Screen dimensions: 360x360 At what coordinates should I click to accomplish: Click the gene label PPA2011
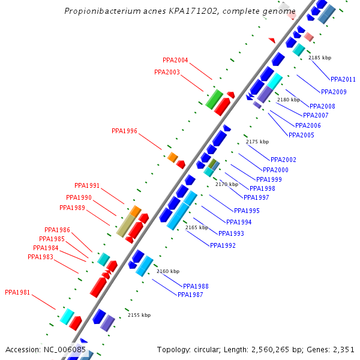[343, 79]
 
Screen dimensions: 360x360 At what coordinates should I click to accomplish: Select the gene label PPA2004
[175, 60]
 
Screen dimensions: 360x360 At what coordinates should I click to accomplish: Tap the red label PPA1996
[124, 131]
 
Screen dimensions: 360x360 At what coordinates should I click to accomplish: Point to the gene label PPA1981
[17, 293]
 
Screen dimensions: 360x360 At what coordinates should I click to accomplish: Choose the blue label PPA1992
[222, 245]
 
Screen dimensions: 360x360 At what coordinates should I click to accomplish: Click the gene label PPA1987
[190, 294]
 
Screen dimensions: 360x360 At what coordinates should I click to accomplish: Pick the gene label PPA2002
[283, 160]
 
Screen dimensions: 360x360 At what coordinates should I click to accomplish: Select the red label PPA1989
[72, 208]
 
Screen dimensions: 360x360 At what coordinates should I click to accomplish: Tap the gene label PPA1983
[40, 257]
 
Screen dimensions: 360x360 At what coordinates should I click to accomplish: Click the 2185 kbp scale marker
[320, 58]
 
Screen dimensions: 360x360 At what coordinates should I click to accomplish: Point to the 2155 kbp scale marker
[139, 315]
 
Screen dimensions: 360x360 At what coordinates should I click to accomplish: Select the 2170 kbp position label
[227, 184]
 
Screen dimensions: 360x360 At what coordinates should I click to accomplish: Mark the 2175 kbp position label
[257, 142]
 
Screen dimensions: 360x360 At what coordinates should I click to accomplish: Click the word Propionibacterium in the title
[97, 11]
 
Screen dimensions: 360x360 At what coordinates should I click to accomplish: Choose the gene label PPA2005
[301, 135]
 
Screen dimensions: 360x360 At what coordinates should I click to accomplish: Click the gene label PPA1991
[87, 185]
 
